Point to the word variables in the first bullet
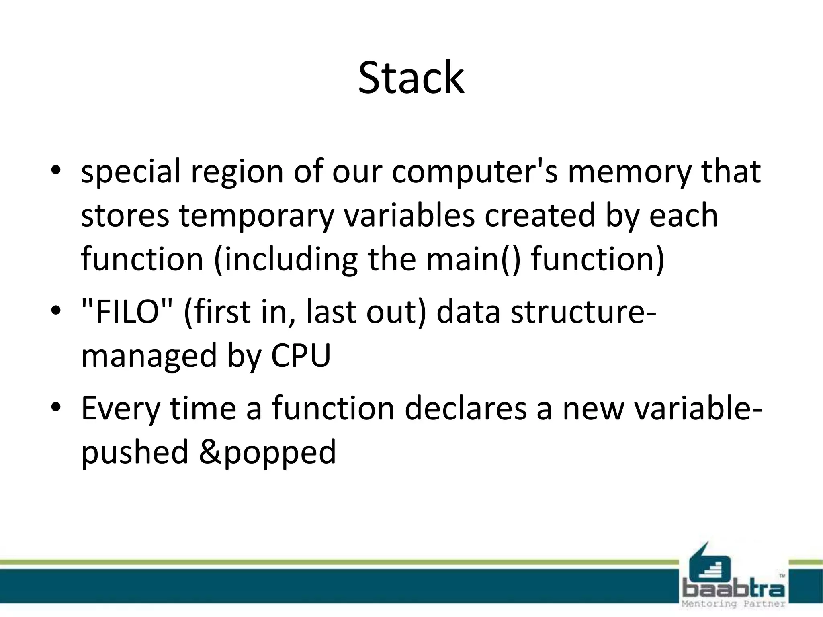click(409, 215)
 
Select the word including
click(286, 259)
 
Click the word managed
click(149, 356)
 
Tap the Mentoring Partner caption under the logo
click(734, 604)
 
